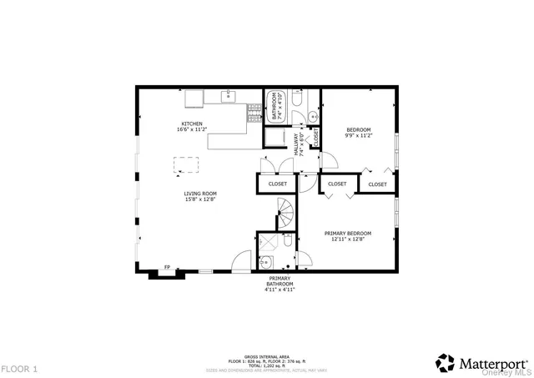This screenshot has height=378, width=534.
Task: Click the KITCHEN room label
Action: coord(190,123)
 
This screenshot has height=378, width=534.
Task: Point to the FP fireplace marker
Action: coord(167,267)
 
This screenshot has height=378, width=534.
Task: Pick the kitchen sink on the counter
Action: coord(229,98)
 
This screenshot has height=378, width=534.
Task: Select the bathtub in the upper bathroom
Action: coord(275,107)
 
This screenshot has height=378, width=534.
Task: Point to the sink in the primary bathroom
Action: coord(266,262)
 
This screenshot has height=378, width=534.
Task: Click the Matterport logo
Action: coord(482,363)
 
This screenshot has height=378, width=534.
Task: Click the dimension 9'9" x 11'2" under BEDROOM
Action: coord(358,135)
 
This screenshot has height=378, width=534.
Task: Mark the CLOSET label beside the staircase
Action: coord(277,184)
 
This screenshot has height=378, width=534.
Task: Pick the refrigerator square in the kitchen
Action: coord(194,98)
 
